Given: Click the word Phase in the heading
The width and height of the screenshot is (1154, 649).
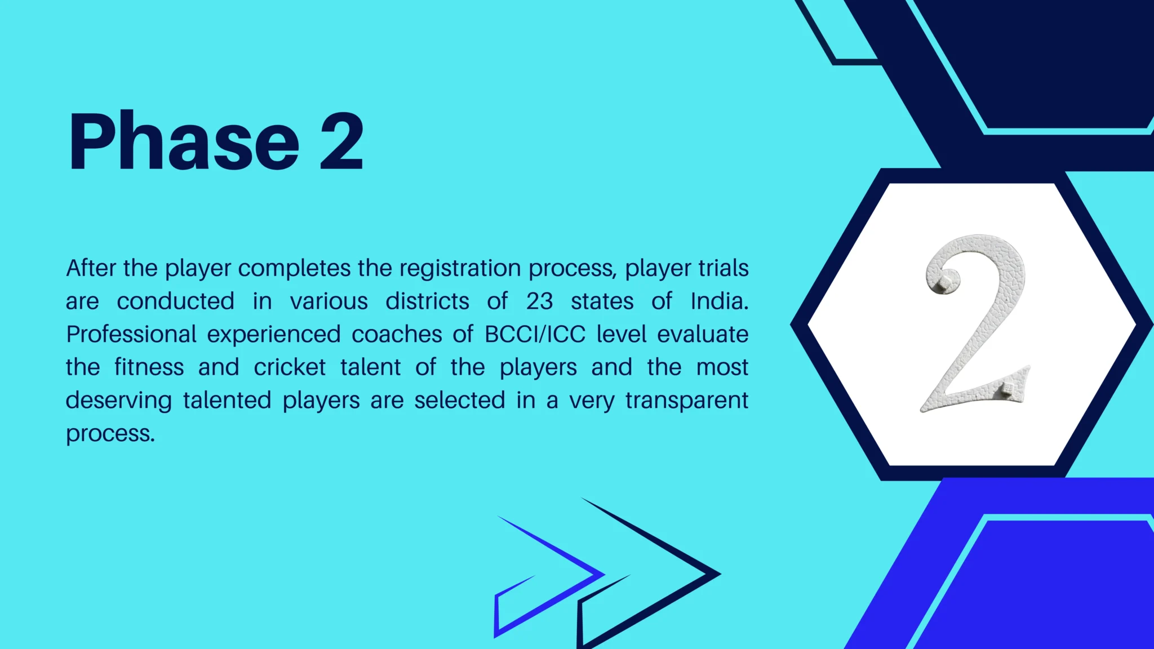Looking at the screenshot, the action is click(184, 141).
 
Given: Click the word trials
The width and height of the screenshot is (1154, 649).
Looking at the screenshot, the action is click(724, 268).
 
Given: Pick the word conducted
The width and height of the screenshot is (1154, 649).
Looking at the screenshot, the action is click(175, 301).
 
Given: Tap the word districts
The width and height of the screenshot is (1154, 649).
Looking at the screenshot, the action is click(427, 301).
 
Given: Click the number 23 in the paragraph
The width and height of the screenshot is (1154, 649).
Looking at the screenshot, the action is click(540, 301).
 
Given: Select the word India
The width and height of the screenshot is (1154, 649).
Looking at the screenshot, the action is click(720, 301).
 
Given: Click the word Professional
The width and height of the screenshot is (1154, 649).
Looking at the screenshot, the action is click(131, 335).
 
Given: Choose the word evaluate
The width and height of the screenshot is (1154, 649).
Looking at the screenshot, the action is click(703, 335).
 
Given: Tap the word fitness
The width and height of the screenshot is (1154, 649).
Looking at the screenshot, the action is click(149, 367).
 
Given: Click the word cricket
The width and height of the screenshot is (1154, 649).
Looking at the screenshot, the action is click(290, 367).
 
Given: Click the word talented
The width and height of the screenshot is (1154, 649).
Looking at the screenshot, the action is click(227, 401).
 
